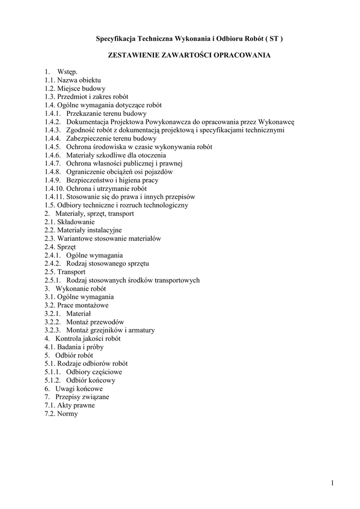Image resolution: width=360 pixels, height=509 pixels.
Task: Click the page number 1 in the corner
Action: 332,483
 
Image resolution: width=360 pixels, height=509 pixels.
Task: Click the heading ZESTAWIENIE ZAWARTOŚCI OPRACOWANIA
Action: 189,55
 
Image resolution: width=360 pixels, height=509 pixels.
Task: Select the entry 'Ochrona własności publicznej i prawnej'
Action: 125,164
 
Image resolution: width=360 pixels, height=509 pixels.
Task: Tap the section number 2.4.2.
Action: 53,263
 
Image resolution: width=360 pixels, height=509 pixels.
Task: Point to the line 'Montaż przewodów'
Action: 95,322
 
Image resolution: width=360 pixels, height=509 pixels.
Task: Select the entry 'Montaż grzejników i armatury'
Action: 110,330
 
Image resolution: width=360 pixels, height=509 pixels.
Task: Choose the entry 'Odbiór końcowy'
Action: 90,380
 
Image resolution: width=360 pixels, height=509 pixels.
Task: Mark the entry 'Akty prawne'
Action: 76,405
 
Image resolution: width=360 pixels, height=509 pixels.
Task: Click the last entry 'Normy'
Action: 68,414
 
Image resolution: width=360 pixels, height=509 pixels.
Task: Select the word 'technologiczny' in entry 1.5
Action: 166,205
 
